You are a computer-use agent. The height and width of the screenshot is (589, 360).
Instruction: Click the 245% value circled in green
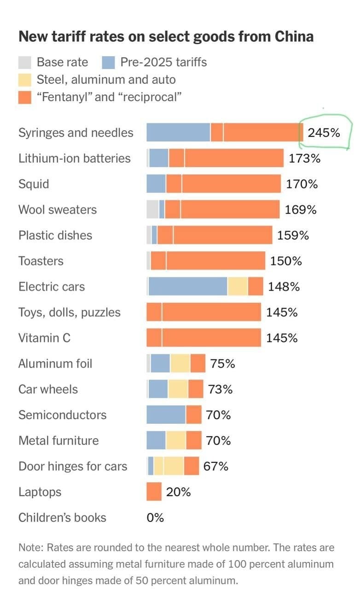324,133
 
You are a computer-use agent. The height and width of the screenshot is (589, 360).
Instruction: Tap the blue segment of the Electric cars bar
188,286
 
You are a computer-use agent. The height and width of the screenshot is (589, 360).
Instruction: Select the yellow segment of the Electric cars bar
238,286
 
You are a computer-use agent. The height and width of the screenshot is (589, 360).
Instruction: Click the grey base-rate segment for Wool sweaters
152,209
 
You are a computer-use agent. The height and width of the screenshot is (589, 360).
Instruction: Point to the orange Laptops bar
154,491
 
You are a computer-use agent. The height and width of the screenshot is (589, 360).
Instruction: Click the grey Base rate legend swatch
25,62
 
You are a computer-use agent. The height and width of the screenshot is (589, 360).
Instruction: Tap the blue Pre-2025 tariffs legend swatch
108,62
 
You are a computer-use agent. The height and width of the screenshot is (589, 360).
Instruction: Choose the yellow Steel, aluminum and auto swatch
25,80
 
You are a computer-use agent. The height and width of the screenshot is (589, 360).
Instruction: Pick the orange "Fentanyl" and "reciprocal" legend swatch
25,97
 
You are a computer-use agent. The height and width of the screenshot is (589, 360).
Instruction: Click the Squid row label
34,184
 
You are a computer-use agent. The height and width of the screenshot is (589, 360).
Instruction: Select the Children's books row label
62,517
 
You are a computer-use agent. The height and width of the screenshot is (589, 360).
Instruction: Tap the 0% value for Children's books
155,517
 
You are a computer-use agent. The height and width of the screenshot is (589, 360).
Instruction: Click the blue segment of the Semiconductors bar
166,414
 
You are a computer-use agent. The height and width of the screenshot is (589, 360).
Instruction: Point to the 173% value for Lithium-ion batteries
304,158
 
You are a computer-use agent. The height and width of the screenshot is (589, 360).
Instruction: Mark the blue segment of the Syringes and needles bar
178,133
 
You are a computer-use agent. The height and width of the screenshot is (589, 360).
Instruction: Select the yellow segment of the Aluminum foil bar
180,363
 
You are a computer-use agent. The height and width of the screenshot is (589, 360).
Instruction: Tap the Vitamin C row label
44,338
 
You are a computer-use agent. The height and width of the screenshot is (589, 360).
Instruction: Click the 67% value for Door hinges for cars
216,466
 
